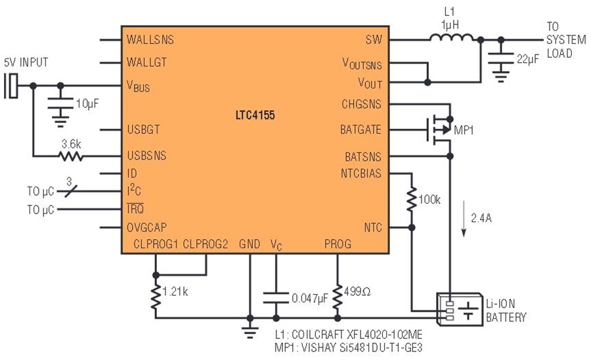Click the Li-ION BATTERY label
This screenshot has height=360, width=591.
pyautogui.click(x=505, y=311)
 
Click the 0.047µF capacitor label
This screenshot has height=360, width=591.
pyautogui.click(x=309, y=298)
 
